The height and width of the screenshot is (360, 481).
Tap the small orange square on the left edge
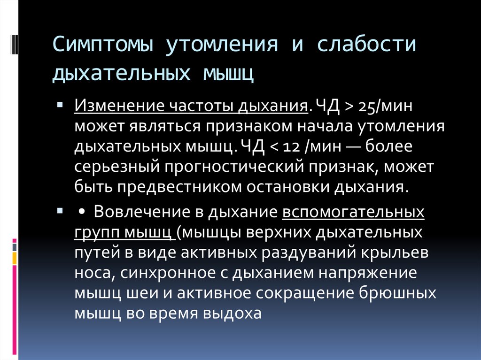click(x=15, y=258)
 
